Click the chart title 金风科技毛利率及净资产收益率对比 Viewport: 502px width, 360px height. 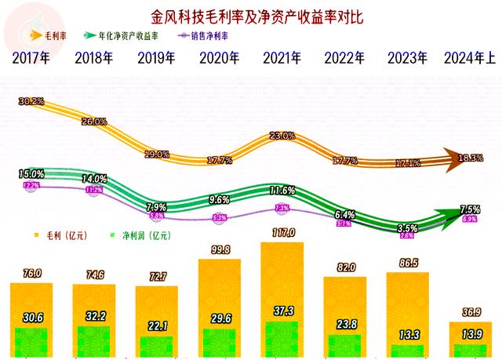251,15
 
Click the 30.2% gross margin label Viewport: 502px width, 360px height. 31,102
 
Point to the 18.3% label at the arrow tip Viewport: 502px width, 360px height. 471,158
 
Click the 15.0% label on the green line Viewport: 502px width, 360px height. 31,173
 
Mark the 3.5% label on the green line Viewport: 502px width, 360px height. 407,227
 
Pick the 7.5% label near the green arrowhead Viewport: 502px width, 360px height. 470,209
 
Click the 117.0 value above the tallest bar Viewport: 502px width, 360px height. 282,233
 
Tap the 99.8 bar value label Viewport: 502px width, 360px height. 220,250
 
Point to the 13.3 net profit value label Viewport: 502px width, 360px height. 408,336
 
